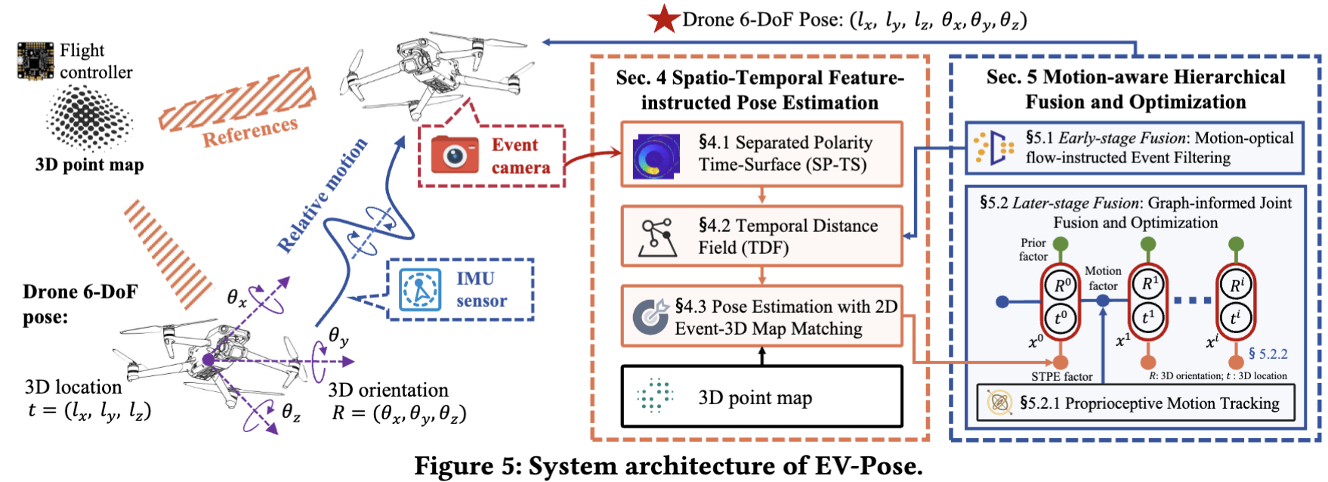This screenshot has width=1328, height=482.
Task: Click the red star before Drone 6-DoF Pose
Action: click(x=664, y=19)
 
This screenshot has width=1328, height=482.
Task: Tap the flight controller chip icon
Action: click(x=36, y=61)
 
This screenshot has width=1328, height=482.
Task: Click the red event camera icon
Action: click(x=454, y=155)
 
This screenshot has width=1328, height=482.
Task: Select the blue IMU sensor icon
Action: click(x=420, y=290)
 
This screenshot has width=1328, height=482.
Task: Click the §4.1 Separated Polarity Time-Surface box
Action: click(x=761, y=154)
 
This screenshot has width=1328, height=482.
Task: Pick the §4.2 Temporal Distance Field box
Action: click(x=761, y=236)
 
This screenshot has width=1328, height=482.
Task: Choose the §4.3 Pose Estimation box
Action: click(x=761, y=317)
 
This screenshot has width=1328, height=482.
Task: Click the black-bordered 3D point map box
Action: click(x=761, y=397)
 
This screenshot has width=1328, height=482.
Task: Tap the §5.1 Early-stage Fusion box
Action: click(x=1135, y=148)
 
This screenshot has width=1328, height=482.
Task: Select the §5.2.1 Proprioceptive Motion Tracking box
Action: click(x=1135, y=403)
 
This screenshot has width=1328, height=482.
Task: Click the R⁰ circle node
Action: click(x=1061, y=286)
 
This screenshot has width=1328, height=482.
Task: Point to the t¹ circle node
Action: click(x=1148, y=317)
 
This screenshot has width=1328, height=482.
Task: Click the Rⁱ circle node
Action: click(x=1236, y=286)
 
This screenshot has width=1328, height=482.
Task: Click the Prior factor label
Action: click(x=1033, y=249)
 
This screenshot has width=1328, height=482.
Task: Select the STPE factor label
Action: click(x=1061, y=376)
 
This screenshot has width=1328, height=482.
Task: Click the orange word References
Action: click(x=250, y=131)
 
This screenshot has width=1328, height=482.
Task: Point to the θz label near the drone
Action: click(x=291, y=412)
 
